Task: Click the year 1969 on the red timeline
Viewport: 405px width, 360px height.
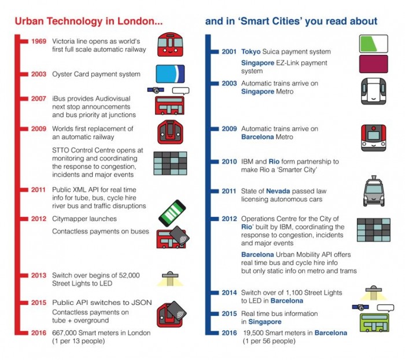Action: [39, 41]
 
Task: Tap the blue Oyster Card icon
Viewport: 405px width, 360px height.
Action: [170, 74]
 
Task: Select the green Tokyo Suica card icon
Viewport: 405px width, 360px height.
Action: [374, 44]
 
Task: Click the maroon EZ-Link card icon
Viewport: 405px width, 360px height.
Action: [374, 64]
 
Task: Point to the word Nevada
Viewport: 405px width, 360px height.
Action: [278, 191]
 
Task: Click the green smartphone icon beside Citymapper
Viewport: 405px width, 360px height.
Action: [172, 214]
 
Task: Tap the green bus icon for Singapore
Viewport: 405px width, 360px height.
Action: [374, 323]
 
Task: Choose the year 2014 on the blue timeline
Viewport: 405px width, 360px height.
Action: [229, 292]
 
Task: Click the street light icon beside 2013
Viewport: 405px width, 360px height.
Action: [170, 278]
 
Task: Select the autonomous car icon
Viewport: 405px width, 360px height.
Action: [374, 191]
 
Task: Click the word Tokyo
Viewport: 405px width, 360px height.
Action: [251, 52]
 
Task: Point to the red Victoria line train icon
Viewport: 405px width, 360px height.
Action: [170, 45]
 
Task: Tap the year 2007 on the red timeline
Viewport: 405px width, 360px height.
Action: [39, 99]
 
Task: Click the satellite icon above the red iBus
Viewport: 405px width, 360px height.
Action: [156, 90]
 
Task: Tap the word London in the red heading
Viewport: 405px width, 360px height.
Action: [140, 21]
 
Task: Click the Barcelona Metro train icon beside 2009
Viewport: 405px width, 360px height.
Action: [374, 138]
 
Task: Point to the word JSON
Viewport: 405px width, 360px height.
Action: [142, 303]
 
